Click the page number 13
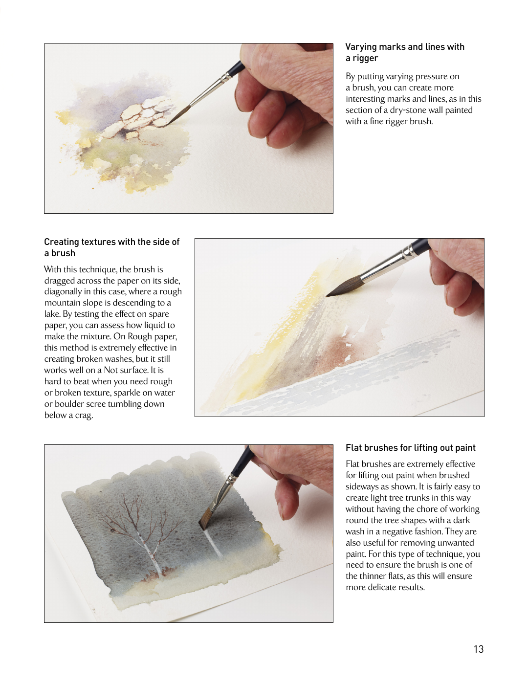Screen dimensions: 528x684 [478, 649]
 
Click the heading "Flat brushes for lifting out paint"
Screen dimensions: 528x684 [410, 447]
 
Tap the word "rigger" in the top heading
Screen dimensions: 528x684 [365, 59]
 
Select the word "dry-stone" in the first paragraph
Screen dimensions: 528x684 [409, 110]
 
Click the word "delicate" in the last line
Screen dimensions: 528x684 [384, 587]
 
